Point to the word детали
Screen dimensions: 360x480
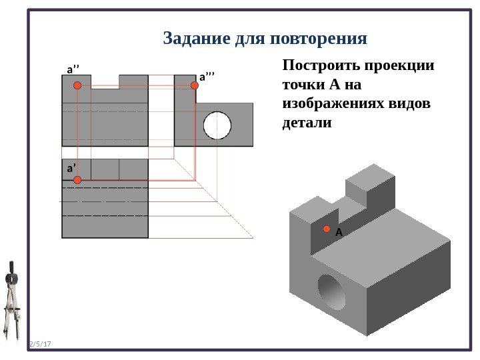point(307,123)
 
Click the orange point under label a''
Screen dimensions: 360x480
point(77,86)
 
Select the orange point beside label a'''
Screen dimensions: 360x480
point(193,86)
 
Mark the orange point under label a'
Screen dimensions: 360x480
point(78,180)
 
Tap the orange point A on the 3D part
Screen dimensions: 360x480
point(327,229)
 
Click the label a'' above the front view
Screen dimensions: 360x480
point(72,69)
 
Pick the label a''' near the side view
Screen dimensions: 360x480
point(207,77)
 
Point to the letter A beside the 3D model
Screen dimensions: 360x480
point(339,233)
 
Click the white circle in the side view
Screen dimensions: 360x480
point(217,125)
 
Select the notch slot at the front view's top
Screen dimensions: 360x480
point(105,81)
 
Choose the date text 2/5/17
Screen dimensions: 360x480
point(41,344)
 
